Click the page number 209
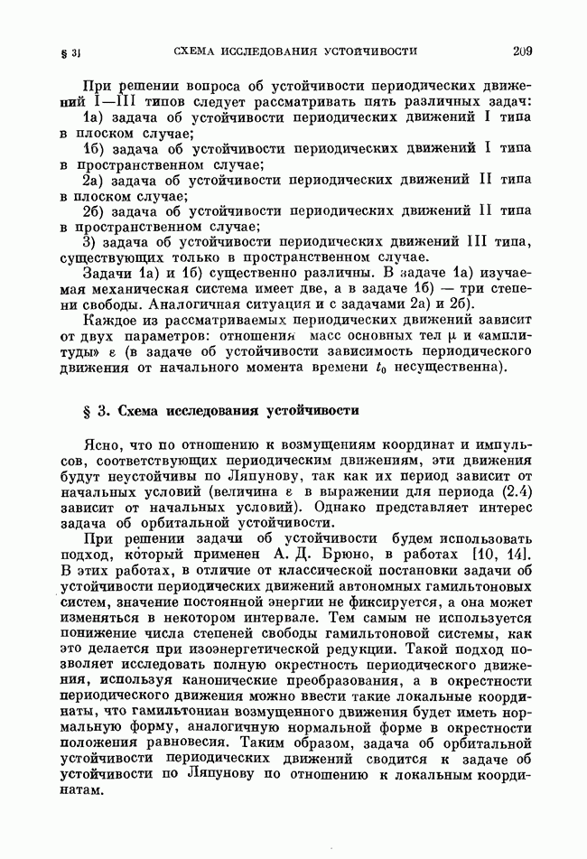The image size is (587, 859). tap(521, 51)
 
